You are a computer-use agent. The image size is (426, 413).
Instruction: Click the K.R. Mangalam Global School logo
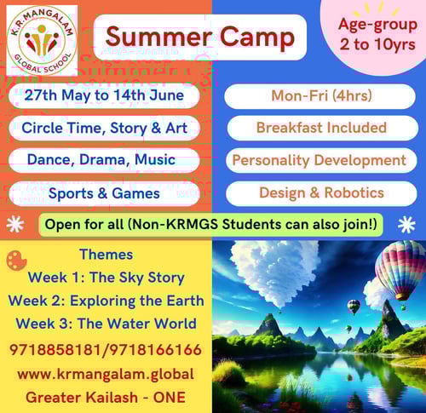click(42, 39)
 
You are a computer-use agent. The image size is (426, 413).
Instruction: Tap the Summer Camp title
click(201, 37)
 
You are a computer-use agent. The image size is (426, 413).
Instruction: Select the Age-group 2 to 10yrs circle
click(371, 34)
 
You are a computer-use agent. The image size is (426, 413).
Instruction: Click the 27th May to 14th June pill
click(106, 95)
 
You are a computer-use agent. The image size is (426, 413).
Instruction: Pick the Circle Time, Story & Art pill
click(106, 128)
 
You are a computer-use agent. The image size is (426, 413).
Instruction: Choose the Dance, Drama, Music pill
click(106, 160)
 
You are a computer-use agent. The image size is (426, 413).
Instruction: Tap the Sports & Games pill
click(106, 193)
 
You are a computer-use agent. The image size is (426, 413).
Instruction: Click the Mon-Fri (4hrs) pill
click(321, 95)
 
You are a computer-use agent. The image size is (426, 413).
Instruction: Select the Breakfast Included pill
click(321, 128)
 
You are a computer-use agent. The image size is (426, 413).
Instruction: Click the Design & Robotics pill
click(321, 193)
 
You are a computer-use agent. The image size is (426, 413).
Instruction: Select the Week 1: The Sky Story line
click(106, 278)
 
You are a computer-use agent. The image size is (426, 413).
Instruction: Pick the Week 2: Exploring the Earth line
click(106, 301)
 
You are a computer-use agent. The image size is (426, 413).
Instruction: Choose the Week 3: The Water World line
click(106, 324)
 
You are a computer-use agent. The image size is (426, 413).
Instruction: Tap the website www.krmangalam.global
click(106, 374)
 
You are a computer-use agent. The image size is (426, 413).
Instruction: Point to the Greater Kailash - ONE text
click(106, 398)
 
